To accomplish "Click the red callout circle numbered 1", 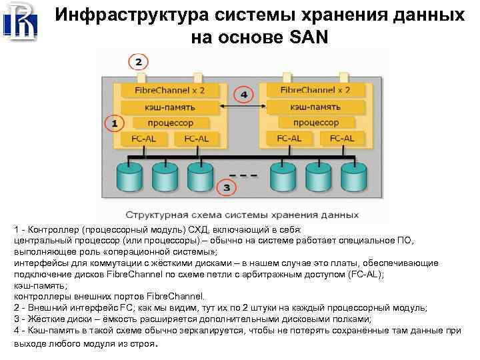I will (114, 123).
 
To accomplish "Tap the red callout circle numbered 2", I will (138, 63).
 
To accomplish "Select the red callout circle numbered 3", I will (227, 188).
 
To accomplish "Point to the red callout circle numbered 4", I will (244, 95).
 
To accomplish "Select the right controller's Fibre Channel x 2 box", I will (315, 90).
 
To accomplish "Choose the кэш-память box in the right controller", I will (315, 107).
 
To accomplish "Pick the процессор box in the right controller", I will (315, 123).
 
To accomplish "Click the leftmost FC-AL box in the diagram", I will (142, 139).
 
